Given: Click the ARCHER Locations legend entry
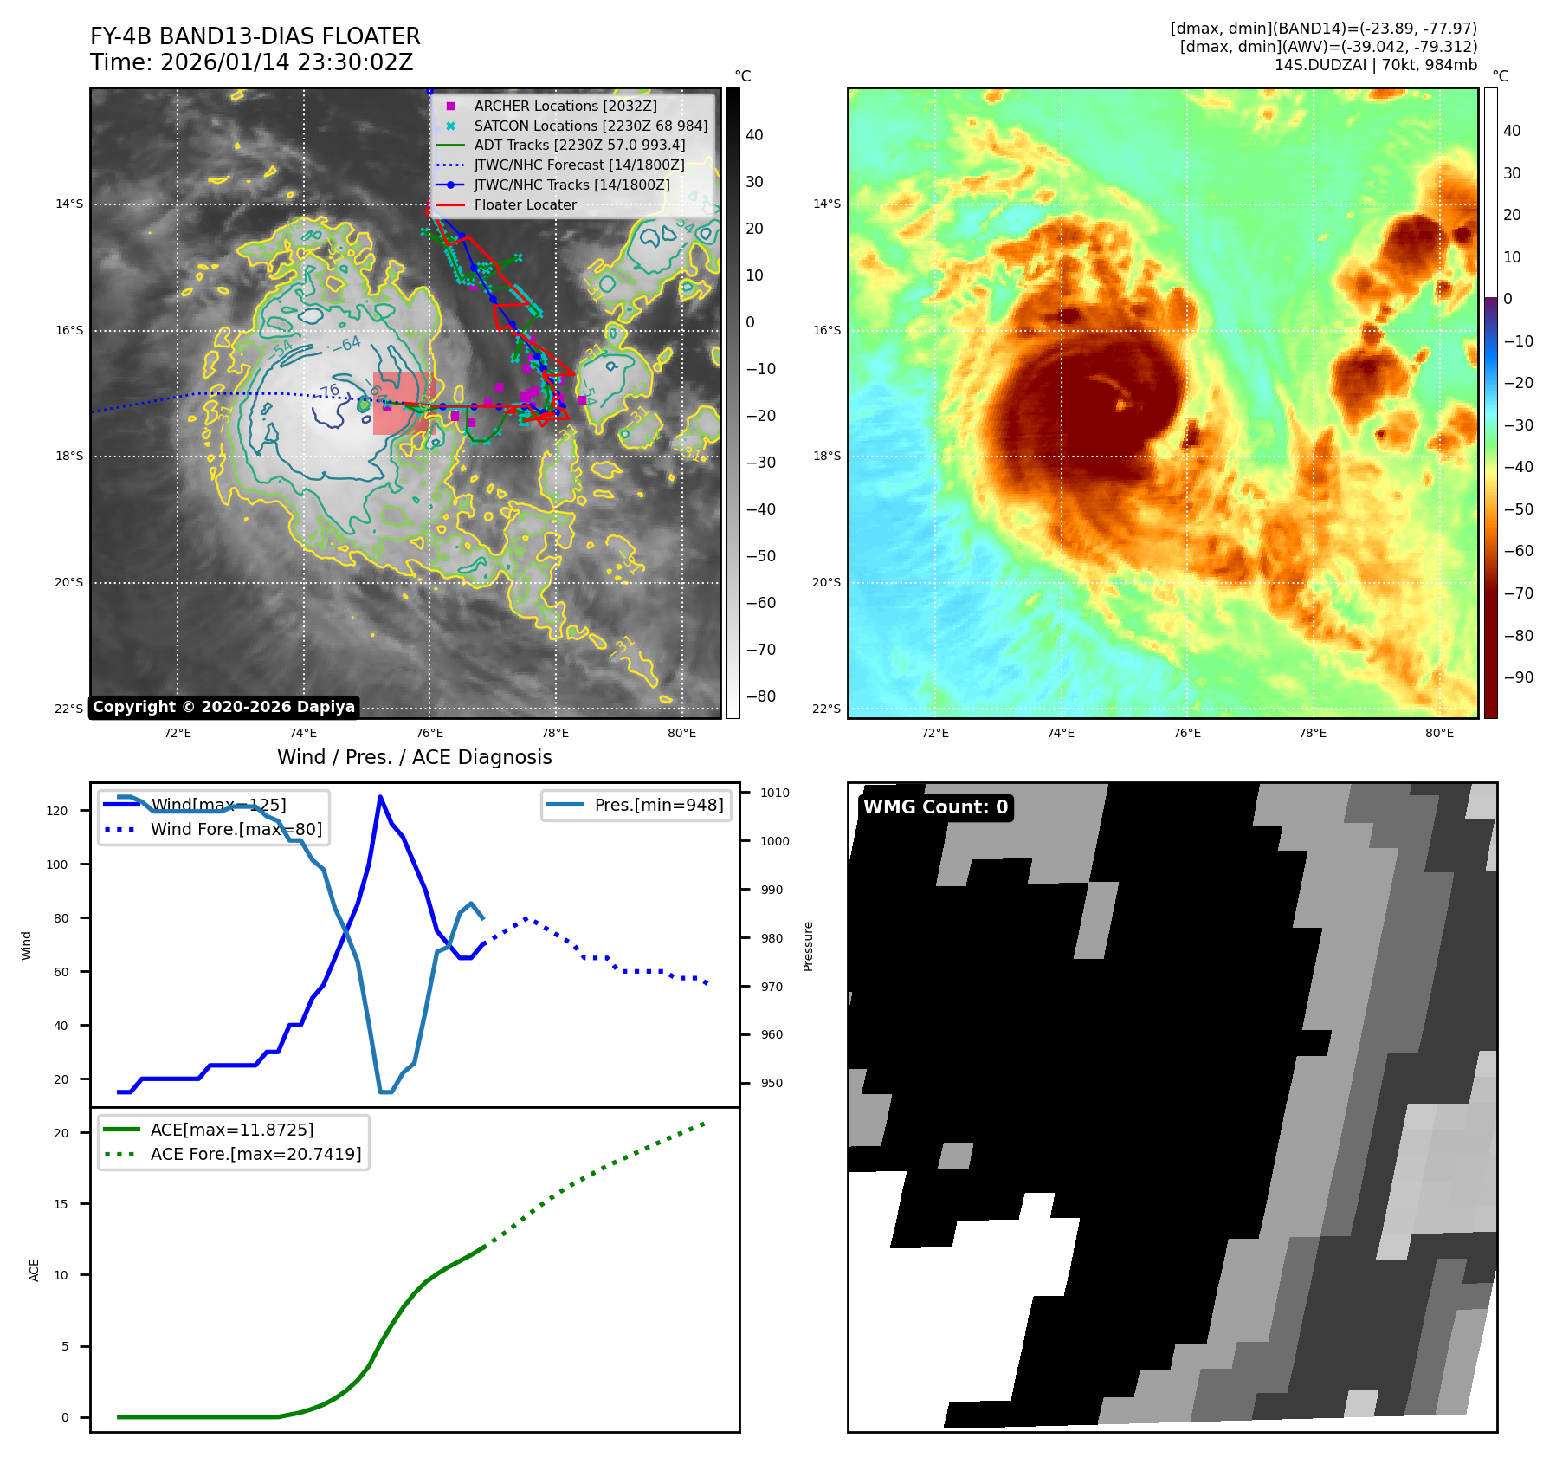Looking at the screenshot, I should coord(565,106).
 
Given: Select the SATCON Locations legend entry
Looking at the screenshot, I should coord(590,126).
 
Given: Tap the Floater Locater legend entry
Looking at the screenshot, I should coord(525,204).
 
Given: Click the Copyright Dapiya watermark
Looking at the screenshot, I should coord(223,707).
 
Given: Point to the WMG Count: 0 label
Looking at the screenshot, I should coord(935,807).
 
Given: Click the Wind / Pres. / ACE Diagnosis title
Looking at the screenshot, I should coord(414,757).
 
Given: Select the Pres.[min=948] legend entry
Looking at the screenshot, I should coord(658,805).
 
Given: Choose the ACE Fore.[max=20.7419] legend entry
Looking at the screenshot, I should coord(255,1154).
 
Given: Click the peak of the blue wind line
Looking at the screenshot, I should coord(380,796).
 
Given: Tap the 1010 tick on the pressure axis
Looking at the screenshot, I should coord(775,793).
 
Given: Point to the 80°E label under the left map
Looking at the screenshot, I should coord(681,734).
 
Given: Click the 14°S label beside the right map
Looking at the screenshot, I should coord(826,204).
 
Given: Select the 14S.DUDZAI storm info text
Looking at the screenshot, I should coord(1375,65).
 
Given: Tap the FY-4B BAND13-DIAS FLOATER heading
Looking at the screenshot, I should coord(255,36).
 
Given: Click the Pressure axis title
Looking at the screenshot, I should coord(808,946).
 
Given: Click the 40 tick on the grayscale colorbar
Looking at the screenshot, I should coord(754,135).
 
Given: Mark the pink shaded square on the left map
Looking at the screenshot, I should coord(401,403).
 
